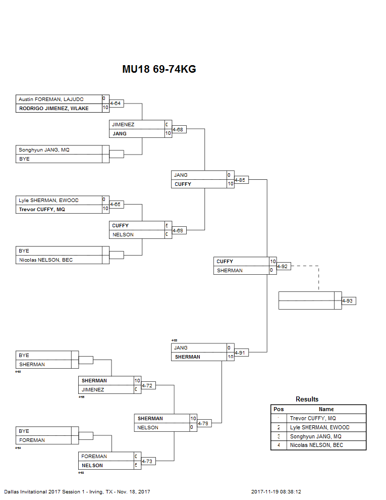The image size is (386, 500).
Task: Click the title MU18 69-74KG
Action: pyautogui.click(x=159, y=70)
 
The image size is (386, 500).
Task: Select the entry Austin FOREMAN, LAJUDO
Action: pyautogui.click(x=51, y=99)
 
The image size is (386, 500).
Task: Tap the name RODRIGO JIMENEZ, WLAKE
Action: pyautogui.click(x=53, y=108)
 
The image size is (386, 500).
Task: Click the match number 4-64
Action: pyautogui.click(x=116, y=104)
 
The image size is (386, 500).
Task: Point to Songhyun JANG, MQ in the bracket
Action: pyautogui.click(x=44, y=149)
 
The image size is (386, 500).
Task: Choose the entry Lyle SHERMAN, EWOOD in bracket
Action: pyautogui.click(x=48, y=200)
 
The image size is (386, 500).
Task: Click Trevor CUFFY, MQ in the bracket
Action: pyautogui.click(x=42, y=209)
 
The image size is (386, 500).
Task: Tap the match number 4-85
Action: pyautogui.click(x=241, y=180)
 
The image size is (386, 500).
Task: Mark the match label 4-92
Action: pyautogui.click(x=283, y=266)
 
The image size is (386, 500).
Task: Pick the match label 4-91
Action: pyautogui.click(x=241, y=353)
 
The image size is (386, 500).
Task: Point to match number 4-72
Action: pyautogui.click(x=147, y=385)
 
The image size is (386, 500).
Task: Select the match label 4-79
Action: pyautogui.click(x=203, y=423)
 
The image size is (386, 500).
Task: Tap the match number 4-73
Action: pyautogui.click(x=147, y=461)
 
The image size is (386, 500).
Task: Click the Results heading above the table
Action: pyautogui.click(x=307, y=399)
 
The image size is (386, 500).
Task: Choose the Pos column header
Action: pyautogui.click(x=279, y=409)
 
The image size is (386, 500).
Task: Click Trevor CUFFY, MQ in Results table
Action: pyautogui.click(x=313, y=418)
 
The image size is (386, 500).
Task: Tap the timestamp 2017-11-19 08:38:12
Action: pyautogui.click(x=280, y=491)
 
